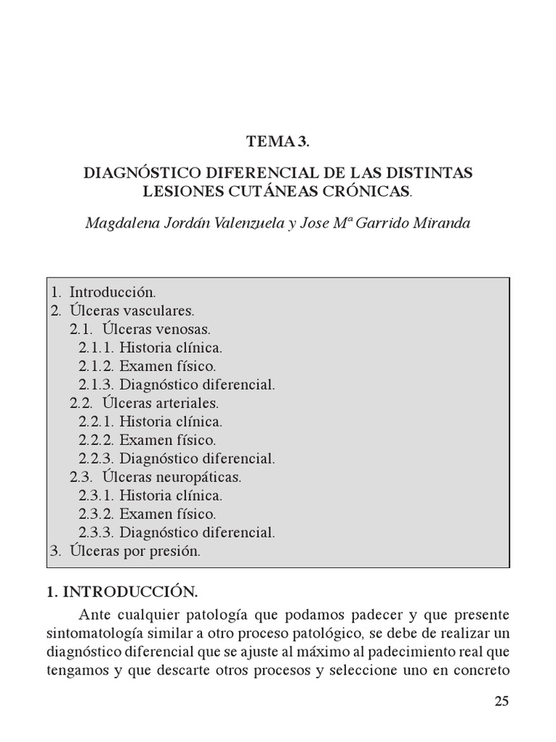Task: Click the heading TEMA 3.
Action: coord(277,142)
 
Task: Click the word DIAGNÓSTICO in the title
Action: coord(136,174)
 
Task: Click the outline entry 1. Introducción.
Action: coord(104,292)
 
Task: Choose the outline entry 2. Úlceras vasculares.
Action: coord(122,311)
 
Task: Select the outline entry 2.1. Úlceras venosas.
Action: coord(140,329)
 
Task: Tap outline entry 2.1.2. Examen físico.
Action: coord(148,366)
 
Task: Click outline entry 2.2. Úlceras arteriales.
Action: coord(144,403)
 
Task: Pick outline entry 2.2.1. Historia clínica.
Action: coord(151,422)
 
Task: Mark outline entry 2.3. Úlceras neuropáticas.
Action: coord(156,477)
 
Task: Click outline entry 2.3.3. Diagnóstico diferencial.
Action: coord(177,533)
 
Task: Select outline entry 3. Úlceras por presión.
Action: coord(125,551)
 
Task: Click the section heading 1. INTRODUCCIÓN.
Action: coord(122,593)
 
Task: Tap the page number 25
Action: coord(502,701)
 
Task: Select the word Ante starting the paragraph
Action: coord(94,614)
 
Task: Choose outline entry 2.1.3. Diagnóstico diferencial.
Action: coord(177,385)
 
